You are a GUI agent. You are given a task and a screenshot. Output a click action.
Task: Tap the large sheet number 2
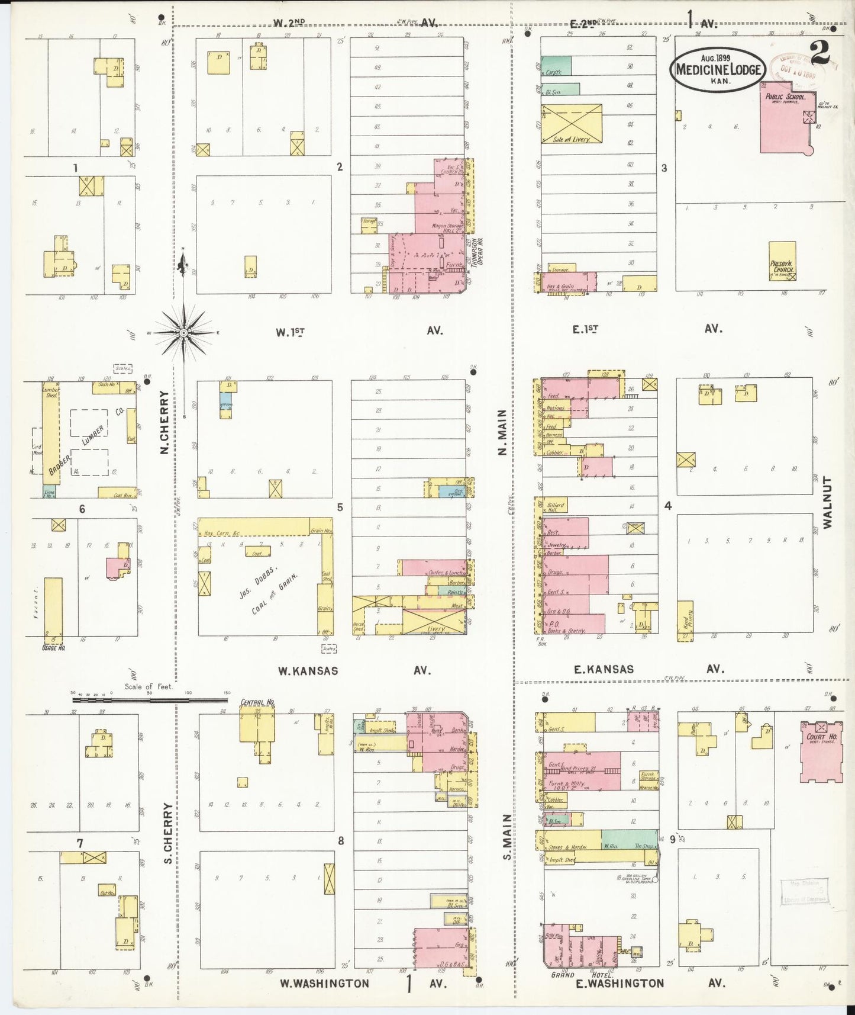tap(820, 53)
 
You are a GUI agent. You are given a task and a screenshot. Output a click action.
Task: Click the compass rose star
tap(184, 333)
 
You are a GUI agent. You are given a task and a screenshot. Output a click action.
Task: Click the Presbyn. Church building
tap(782, 260)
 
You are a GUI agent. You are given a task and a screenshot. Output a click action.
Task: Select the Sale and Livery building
tap(572, 123)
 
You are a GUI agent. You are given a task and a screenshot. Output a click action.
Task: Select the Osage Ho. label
tap(53, 647)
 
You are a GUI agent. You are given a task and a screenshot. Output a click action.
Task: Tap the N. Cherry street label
tap(165, 422)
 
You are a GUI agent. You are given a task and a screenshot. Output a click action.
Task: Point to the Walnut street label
tap(828, 502)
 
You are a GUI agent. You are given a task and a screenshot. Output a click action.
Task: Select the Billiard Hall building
tap(555, 505)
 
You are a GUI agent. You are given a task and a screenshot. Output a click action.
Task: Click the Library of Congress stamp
tap(804, 892)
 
